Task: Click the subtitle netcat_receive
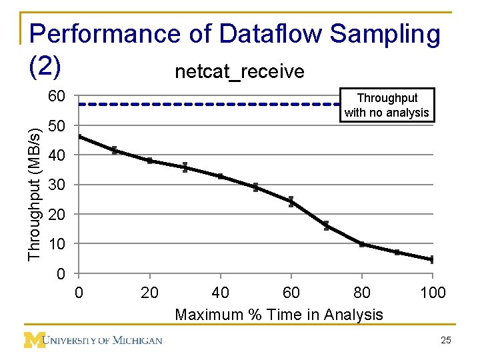[239, 71]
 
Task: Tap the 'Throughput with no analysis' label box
[387, 105]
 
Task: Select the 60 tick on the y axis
[57, 97]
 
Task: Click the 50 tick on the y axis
[57, 126]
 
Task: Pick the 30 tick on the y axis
[57, 185]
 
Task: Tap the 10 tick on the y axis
[57, 244]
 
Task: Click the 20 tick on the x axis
[150, 293]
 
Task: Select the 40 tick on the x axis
[221, 293]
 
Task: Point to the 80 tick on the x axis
[362, 293]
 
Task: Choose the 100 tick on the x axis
[433, 293]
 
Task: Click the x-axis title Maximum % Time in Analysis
[279, 315]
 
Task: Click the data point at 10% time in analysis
[115, 150]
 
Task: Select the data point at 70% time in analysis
[327, 225]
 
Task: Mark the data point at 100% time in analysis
[432, 259]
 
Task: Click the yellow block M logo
[34, 340]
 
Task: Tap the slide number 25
[446, 341]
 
